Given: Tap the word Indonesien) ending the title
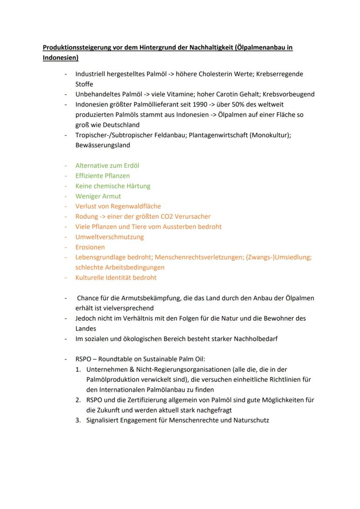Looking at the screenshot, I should point(60,57).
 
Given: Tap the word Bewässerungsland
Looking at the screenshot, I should point(103,145).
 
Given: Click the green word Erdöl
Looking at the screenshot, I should point(130,166).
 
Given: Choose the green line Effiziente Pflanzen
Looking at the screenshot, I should point(103,176).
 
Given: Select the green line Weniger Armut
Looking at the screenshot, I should point(98,196).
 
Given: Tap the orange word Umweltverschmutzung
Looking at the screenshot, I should point(110,237).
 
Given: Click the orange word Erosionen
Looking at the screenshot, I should point(90,247).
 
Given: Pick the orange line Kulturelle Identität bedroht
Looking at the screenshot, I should point(116,277).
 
